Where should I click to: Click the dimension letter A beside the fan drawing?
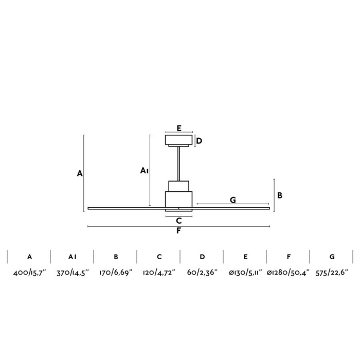(80, 174)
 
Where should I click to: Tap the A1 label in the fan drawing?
(145, 170)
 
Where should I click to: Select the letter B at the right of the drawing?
(280, 195)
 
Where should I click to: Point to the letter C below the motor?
(178, 221)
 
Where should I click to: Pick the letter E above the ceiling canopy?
(178, 128)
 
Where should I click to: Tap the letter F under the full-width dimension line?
(178, 231)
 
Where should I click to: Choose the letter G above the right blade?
(233, 200)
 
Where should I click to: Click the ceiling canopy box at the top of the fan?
(178, 140)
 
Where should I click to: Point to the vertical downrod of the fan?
(178, 164)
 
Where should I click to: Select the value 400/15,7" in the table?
(30, 273)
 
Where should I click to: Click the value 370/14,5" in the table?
(73, 273)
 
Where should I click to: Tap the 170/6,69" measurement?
(116, 273)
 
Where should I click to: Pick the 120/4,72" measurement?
(159, 273)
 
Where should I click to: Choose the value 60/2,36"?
(203, 273)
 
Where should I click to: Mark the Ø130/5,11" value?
(246, 273)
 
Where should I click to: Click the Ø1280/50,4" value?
(289, 273)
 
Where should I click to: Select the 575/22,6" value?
(332, 273)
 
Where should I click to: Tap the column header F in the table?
(289, 257)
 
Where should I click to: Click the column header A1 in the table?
(73, 257)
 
